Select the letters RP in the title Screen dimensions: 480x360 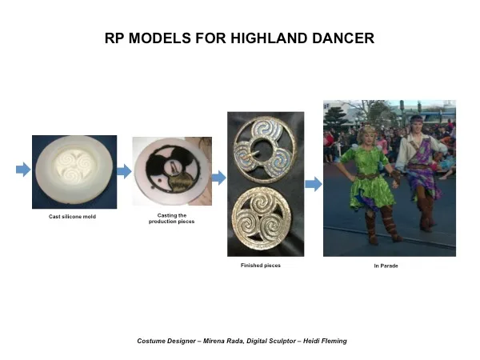tap(114, 38)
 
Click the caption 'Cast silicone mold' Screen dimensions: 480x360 tap(72, 217)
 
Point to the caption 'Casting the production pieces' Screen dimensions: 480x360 tap(171, 218)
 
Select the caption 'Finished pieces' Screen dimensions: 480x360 tap(261, 266)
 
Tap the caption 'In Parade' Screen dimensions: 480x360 tap(386, 266)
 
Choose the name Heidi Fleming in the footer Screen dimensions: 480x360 tap(325, 341)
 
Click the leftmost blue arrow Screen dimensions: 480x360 tap(23, 170)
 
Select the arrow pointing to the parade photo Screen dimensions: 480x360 tap(314, 184)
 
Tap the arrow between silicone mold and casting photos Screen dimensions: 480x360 tap(124, 171)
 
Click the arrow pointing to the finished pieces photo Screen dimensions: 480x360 tap(219, 178)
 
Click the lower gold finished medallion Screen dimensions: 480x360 tap(262, 218)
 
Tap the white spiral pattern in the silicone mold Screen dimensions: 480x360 tap(74, 166)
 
